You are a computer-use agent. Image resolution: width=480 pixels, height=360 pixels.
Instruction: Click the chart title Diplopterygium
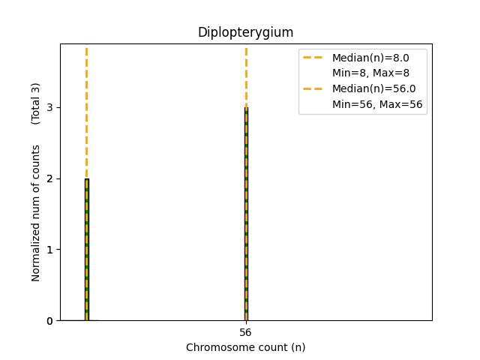(x=245, y=32)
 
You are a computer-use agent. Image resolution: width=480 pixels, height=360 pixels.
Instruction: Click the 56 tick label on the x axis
(x=246, y=332)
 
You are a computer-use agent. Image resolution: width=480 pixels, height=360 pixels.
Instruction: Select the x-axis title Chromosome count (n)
(x=245, y=347)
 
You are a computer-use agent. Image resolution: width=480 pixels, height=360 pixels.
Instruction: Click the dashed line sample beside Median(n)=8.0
(x=314, y=58)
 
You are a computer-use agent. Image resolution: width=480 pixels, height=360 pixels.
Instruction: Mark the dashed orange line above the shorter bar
(x=87, y=112)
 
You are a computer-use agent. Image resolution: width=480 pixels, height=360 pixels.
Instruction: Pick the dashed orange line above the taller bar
(x=246, y=75)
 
